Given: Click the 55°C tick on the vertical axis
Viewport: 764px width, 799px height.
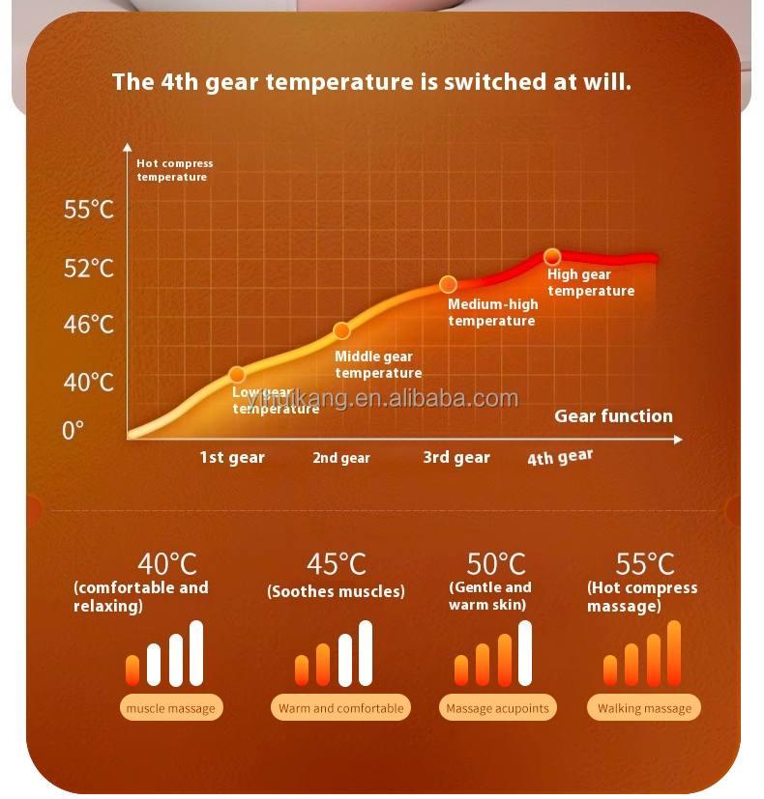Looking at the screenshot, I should tap(89, 210).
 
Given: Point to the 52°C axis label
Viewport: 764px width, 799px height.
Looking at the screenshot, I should tap(89, 268).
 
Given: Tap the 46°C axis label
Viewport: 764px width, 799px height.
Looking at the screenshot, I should tap(89, 325).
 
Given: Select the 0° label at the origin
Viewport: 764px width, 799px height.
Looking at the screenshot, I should tap(73, 431).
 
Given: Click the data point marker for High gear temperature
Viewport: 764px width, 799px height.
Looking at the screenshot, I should tap(552, 257).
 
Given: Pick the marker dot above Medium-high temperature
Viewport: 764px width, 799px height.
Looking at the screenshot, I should tap(448, 284).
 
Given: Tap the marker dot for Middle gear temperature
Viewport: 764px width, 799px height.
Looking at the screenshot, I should tap(341, 330).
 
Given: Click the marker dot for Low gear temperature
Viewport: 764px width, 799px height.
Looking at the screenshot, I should tap(237, 375).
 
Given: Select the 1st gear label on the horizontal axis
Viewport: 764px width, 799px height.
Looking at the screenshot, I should tap(232, 457).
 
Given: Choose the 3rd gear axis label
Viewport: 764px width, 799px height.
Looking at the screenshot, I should tap(456, 457).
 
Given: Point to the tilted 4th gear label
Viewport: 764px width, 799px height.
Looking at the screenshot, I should tap(560, 457).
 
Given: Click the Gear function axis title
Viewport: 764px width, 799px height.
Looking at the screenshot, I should tap(613, 416).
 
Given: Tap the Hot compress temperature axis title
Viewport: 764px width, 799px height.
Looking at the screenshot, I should tap(174, 170).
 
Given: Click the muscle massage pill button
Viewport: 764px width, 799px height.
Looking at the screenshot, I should tap(171, 708).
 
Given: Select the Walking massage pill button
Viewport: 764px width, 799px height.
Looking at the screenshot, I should tap(644, 708).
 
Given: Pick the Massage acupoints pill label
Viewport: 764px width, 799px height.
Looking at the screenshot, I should tap(497, 708).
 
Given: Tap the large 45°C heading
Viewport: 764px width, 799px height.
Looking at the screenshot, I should tap(337, 563).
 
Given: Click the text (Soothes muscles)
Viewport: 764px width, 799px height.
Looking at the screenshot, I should tap(336, 591).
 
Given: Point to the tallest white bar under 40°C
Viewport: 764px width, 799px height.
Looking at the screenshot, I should tap(196, 653).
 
